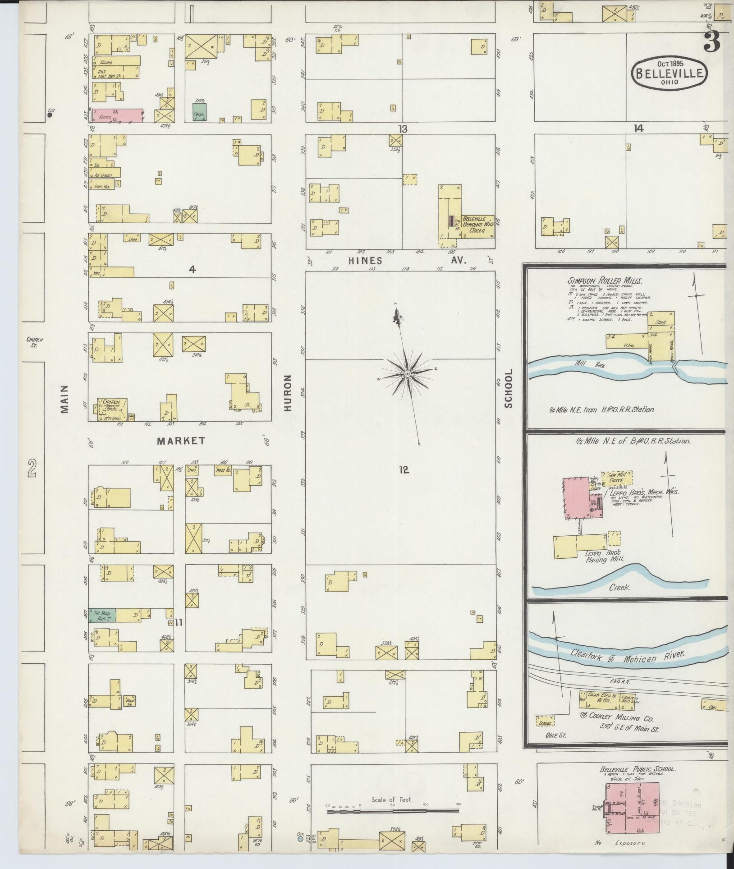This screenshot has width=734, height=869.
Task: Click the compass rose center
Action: (407, 374)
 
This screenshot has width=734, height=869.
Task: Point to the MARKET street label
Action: (181, 441)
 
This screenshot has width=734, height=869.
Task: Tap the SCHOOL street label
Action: (509, 388)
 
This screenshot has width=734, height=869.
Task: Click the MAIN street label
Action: (64, 399)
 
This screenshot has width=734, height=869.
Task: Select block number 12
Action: (403, 470)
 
